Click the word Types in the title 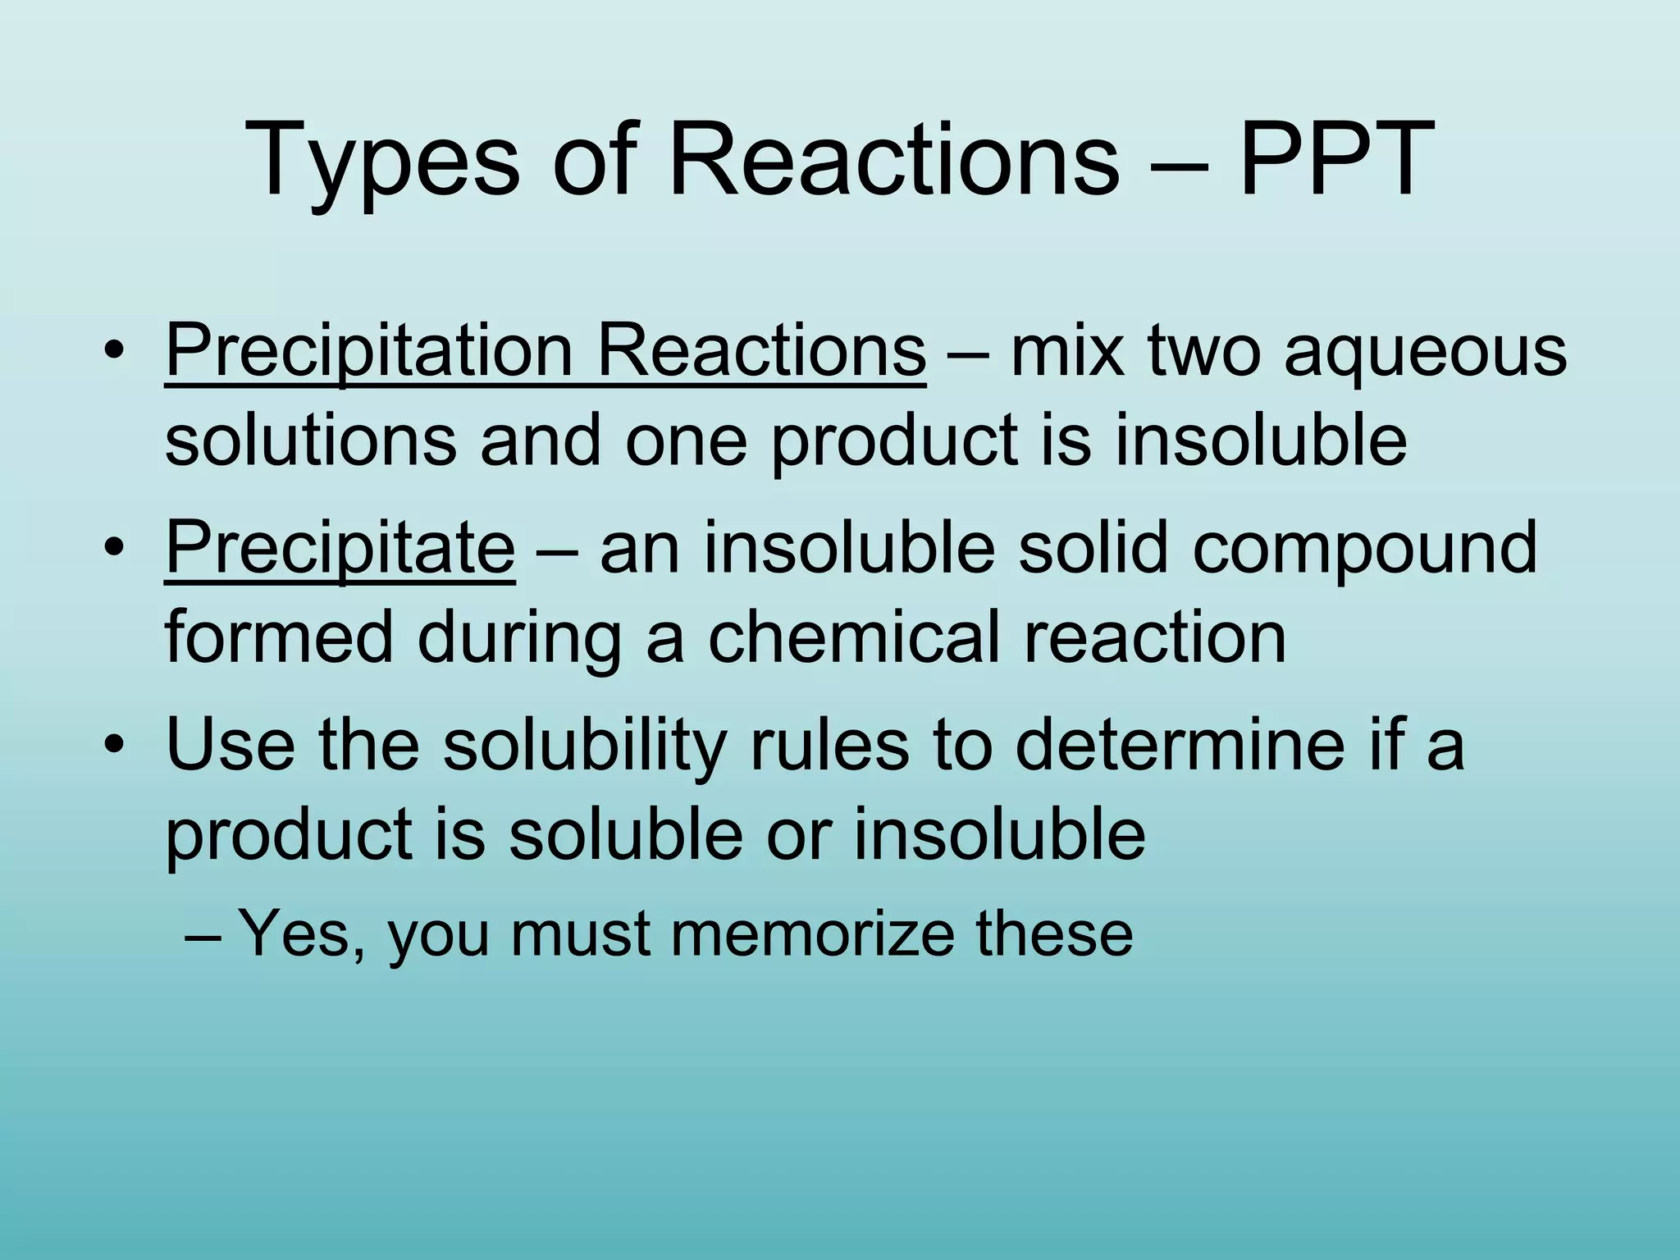pyautogui.click(x=381, y=160)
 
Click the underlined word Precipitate pyautogui.click(x=340, y=548)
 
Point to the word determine pyautogui.click(x=1180, y=742)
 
